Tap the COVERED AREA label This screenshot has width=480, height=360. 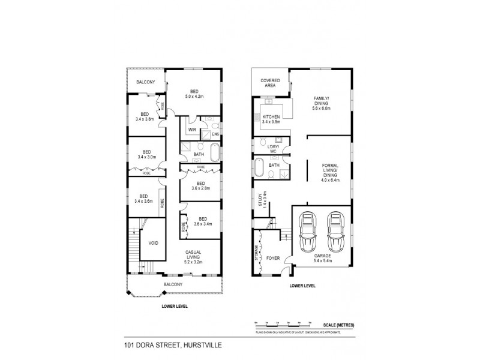coord(267,83)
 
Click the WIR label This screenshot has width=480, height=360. coord(193,130)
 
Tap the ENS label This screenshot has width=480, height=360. coord(215,134)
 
